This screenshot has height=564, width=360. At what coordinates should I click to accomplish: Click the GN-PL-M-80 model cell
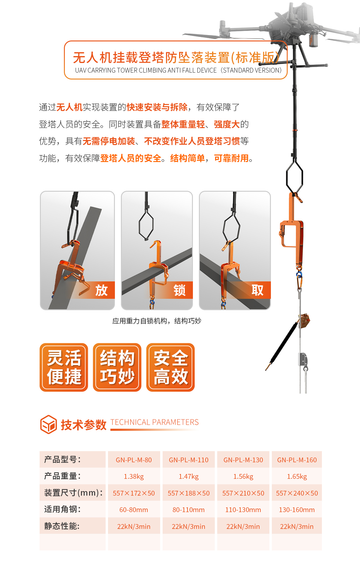click(x=134, y=460)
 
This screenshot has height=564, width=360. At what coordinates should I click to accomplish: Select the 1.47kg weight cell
click(x=189, y=476)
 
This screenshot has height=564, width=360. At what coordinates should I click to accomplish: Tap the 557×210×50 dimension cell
click(x=243, y=493)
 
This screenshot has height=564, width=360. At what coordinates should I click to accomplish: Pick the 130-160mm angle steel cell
click(x=297, y=510)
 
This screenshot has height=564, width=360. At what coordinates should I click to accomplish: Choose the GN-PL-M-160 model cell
click(x=297, y=460)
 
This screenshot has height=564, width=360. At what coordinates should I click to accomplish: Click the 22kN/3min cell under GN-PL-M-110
click(x=189, y=526)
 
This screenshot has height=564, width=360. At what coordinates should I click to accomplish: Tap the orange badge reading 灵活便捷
click(x=64, y=367)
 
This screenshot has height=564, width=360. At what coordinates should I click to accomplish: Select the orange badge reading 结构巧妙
click(x=117, y=367)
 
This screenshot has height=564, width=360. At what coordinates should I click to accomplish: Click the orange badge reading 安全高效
click(x=170, y=367)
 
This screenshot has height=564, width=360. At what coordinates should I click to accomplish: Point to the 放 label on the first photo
click(x=101, y=290)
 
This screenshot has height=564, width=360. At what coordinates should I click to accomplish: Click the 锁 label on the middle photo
click(x=179, y=290)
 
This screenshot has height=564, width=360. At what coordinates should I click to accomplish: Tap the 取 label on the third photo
click(x=257, y=290)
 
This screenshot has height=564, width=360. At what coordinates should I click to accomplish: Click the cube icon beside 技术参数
click(x=48, y=424)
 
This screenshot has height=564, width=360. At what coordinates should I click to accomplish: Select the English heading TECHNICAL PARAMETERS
click(x=154, y=422)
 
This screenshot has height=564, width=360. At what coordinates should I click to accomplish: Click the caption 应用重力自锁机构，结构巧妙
click(x=157, y=321)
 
